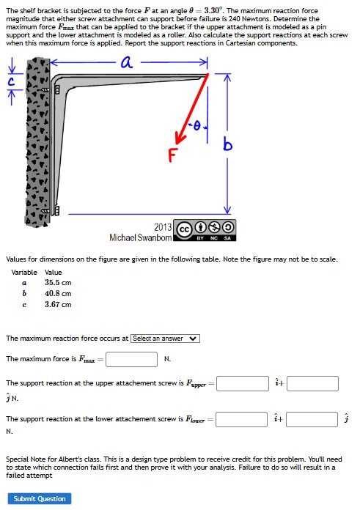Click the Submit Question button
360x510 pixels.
(x=40, y=499)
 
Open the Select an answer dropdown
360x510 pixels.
(x=165, y=339)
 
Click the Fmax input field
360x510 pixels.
(x=132, y=359)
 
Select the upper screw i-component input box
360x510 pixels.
(x=242, y=383)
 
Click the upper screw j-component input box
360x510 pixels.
(x=312, y=383)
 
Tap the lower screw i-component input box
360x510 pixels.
(x=241, y=419)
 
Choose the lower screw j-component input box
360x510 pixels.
(x=312, y=419)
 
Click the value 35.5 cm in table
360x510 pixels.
(x=58, y=282)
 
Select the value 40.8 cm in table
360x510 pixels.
(x=58, y=293)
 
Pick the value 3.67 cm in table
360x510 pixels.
(x=58, y=304)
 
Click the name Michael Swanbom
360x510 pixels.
(x=141, y=237)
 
